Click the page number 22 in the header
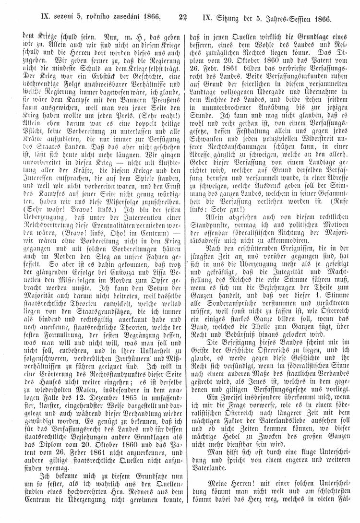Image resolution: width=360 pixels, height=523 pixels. coord(182,19)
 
